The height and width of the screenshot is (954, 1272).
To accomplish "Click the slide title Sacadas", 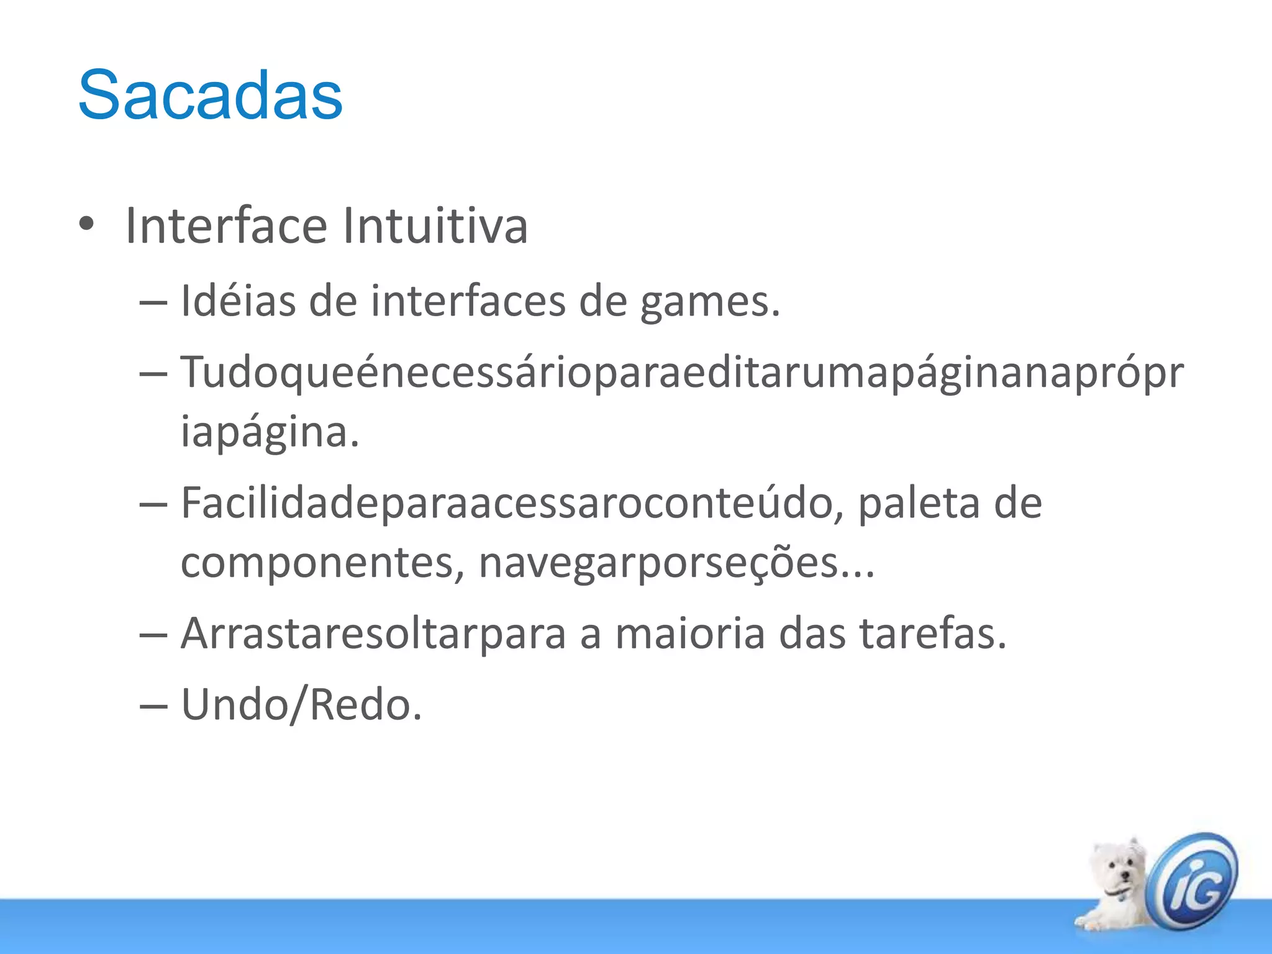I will tap(210, 95).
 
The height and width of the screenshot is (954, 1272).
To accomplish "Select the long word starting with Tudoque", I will tap(682, 373).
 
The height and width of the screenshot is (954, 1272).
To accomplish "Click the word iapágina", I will tap(270, 432).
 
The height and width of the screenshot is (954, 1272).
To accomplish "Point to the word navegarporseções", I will tap(676, 563).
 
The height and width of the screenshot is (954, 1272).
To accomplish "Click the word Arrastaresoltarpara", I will tap(373, 634).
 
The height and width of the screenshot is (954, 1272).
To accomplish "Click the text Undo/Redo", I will tap(302, 706).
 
